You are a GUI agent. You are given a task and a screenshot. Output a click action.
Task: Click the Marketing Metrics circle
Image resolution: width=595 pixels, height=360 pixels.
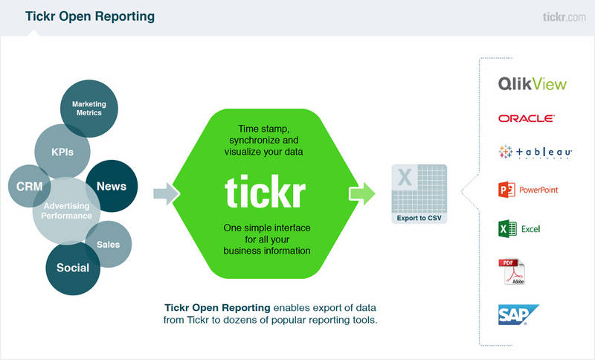pos(89,109)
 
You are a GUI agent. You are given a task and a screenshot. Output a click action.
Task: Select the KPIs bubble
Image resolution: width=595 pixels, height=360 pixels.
pos(62,151)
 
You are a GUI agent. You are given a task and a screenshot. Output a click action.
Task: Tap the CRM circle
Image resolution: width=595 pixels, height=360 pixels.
pos(30,187)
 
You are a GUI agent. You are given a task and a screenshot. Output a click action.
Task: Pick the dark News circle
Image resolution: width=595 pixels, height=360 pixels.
pos(112,186)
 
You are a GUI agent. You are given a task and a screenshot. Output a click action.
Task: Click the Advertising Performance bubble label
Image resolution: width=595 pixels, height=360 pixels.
pos(67,210)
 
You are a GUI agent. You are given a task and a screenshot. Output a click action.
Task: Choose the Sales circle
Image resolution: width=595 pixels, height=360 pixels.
pos(109,245)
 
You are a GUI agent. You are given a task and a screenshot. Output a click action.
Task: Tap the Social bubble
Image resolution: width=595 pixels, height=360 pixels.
pos(72,268)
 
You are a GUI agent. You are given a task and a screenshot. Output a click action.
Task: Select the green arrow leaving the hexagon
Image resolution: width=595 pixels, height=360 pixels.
pos(362,194)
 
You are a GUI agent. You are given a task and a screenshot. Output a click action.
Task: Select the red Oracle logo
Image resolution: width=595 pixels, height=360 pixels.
pos(527,118)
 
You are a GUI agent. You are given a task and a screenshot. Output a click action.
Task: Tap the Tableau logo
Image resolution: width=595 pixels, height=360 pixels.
pos(534,152)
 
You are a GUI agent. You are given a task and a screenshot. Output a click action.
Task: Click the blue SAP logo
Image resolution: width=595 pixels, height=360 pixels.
pos(518,315)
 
